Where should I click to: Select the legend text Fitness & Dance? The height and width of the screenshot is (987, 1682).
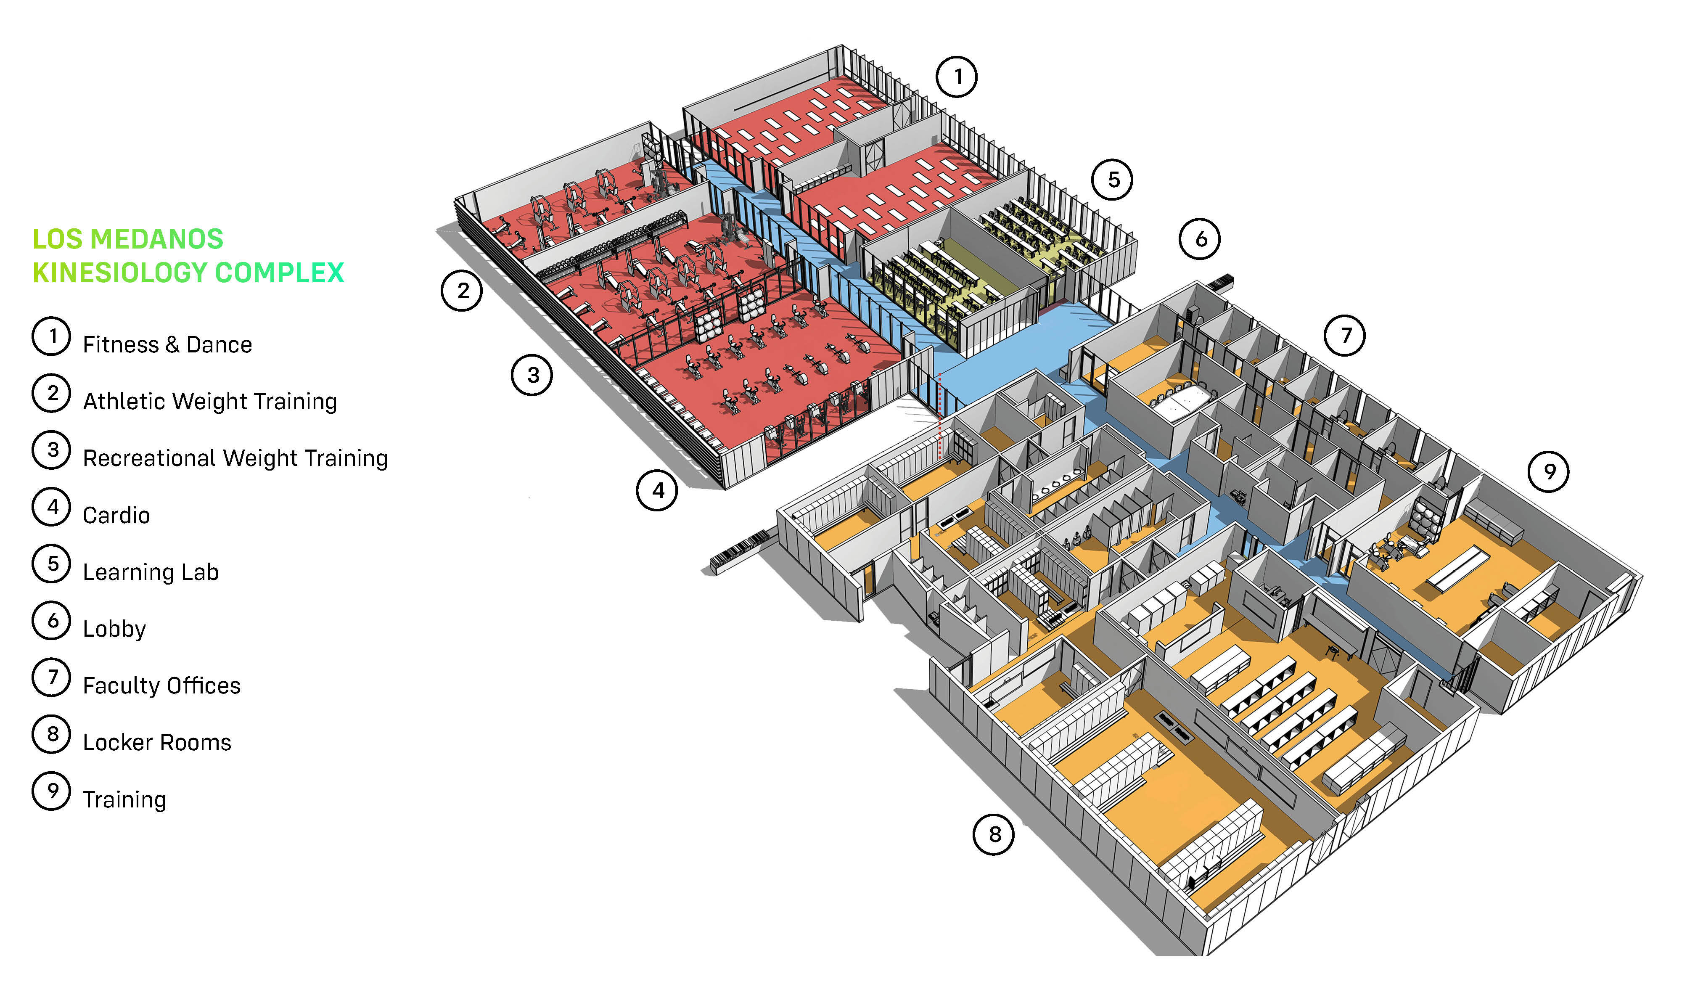pyautogui.click(x=167, y=344)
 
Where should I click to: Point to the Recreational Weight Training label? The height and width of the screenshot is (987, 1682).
pyautogui.click(x=235, y=458)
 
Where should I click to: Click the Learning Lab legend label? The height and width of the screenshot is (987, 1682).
pyautogui.click(x=151, y=572)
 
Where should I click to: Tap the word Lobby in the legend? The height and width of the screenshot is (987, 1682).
pyautogui.click(x=114, y=629)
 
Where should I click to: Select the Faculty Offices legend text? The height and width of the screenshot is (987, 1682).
pyautogui.click(x=161, y=685)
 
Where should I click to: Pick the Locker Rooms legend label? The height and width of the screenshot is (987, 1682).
pyautogui.click(x=157, y=743)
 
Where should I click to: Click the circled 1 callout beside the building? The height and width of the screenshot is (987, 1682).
pyautogui.click(x=957, y=77)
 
